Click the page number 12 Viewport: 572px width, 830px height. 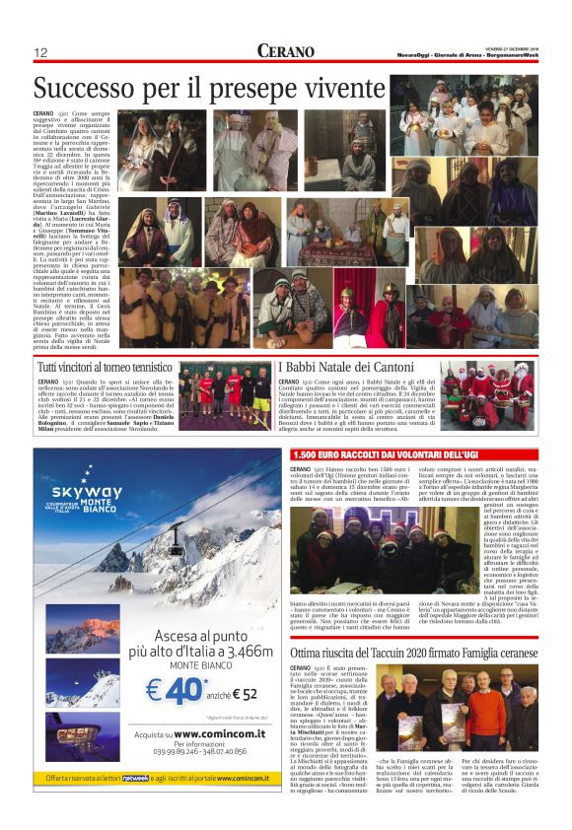[x=41, y=52]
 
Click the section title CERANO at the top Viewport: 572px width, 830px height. [x=286, y=50]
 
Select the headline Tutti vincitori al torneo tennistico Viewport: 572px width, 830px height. [x=107, y=368]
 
